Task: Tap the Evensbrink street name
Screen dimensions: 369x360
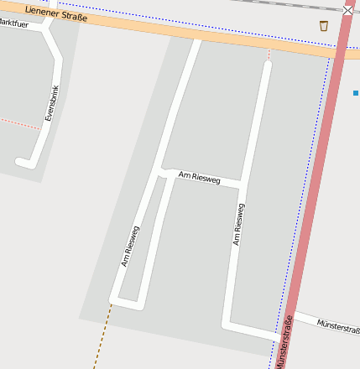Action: coord(53,104)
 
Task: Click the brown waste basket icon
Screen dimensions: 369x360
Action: coord(324,26)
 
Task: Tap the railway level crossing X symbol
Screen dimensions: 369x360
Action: coord(348,10)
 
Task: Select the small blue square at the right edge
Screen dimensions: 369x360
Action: coord(356,92)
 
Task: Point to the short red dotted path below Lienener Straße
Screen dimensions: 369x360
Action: coord(269,55)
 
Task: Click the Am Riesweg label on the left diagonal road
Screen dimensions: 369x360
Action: coord(131,247)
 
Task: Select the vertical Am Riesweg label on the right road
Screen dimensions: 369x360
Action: coord(239,225)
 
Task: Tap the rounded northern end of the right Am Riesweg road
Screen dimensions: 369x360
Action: coord(268,66)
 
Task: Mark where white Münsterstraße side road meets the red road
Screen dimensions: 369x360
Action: coord(290,314)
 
